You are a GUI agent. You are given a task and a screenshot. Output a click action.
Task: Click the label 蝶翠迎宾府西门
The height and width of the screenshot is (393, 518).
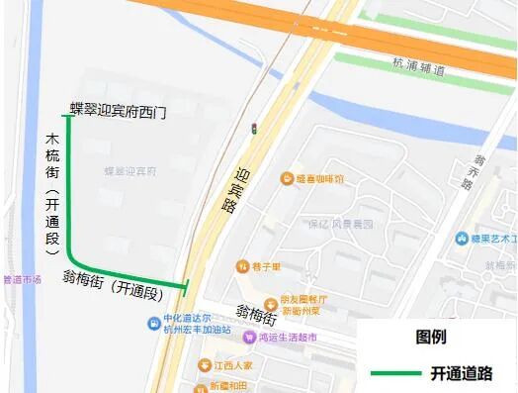pos(118,111)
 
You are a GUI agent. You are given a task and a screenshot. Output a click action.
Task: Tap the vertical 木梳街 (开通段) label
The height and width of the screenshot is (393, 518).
pos(52,192)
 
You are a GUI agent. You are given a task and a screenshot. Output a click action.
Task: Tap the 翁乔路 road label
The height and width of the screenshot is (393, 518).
pos(481,172)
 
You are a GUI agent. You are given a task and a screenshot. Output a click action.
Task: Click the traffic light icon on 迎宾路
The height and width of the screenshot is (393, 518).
pos(254,129)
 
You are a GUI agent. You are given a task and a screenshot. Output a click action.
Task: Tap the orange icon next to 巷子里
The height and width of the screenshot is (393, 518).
pos(241,266)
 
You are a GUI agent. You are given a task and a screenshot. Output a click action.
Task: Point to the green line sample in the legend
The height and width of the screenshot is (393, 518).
pos(394,373)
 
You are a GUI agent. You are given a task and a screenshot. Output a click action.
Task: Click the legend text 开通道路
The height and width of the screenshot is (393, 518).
pos(460,373)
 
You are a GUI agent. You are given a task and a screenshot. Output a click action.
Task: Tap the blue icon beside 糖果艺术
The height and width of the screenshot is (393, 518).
pos(462,239)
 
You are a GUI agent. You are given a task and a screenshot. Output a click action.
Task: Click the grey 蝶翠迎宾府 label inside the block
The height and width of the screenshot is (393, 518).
pos(130,171)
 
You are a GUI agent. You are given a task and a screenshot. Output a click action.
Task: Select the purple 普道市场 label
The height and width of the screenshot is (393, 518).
pos(22,279)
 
